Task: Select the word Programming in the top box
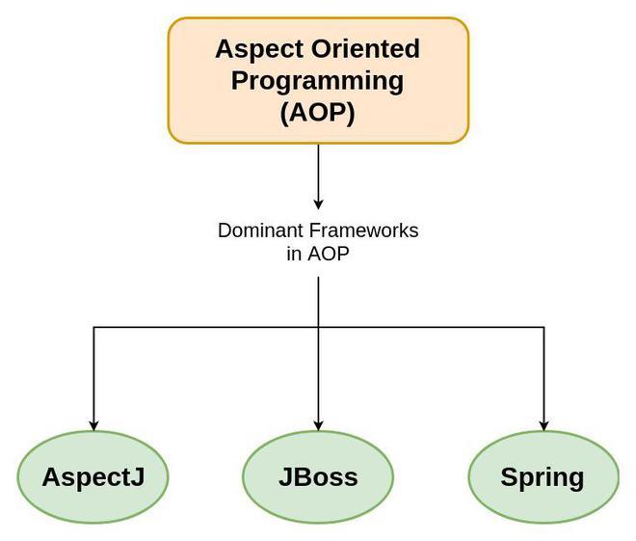(318, 80)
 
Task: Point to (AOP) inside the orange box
(318, 112)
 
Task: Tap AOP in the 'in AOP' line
(330, 255)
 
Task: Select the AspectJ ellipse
(93, 477)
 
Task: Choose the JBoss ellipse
(318, 477)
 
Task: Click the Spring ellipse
(543, 477)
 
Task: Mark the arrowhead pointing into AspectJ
(93, 424)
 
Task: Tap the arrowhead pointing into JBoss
(318, 424)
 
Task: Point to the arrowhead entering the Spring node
(543, 424)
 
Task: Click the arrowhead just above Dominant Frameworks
(318, 203)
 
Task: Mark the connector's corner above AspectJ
(93, 328)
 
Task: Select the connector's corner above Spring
(543, 328)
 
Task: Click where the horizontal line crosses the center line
(318, 328)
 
